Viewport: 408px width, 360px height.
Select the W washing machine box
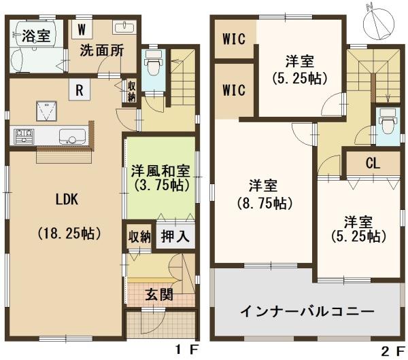click(82, 29)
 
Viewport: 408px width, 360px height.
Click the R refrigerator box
click(80, 90)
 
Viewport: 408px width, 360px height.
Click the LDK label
click(67, 200)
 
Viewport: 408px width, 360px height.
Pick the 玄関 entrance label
click(159, 294)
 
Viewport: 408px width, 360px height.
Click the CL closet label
click(372, 163)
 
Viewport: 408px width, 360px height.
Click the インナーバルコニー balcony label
click(307, 312)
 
